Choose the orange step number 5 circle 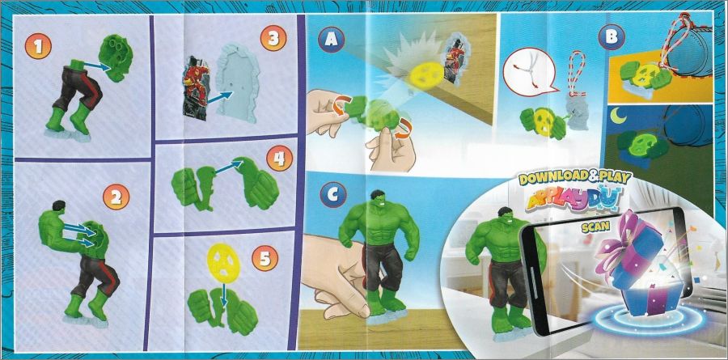coord(265,258)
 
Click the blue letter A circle coord(332,40)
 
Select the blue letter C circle coord(332,195)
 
